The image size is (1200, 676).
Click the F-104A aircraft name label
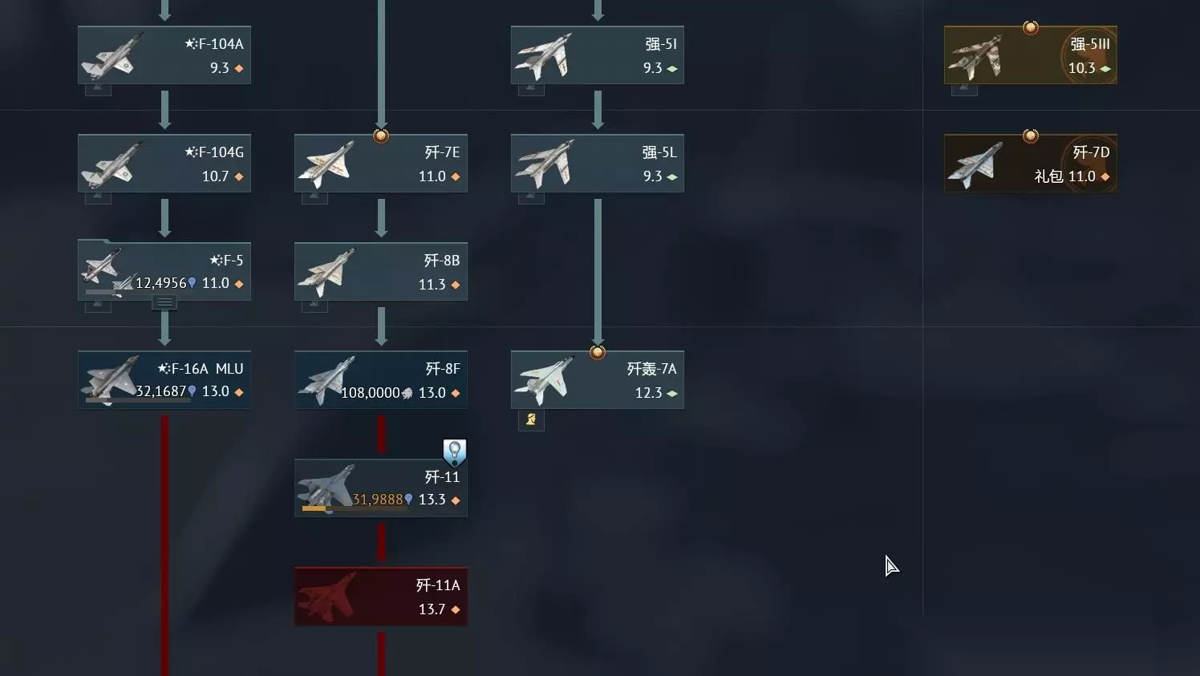(x=214, y=44)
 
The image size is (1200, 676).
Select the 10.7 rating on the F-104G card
(x=215, y=176)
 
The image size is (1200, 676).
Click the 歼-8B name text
(x=442, y=261)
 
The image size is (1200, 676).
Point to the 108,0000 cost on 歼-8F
(x=371, y=393)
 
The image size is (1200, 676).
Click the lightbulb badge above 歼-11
(x=454, y=452)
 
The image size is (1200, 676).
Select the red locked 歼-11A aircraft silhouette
(x=327, y=597)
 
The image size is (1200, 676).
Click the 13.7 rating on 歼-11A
(x=432, y=609)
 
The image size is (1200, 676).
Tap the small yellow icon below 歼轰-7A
(x=531, y=419)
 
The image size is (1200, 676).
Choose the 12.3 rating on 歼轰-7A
(x=648, y=393)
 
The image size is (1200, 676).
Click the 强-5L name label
(x=659, y=152)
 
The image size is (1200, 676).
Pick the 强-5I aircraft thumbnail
(x=543, y=55)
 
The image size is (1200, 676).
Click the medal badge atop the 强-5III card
(x=1030, y=26)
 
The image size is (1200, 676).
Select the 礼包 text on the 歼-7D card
(x=1048, y=176)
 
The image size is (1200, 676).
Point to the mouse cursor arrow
(x=891, y=565)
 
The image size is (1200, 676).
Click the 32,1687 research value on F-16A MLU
(x=160, y=391)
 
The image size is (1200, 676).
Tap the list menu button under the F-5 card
(x=164, y=302)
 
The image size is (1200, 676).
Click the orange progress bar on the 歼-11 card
(x=314, y=508)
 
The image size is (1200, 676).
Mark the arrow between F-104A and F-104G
(x=164, y=110)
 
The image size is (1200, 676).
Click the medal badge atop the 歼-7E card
(x=381, y=136)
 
